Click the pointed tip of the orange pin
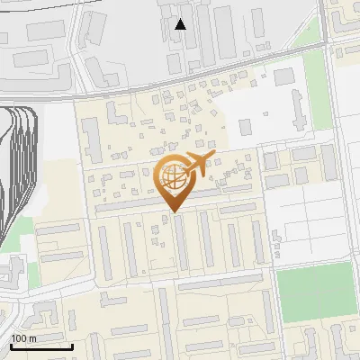point(172,211)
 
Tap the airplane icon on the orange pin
point(195,163)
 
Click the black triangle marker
point(181,24)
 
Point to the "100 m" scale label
point(23,337)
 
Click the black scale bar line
point(41,346)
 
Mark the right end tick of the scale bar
point(72,344)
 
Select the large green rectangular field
point(314,292)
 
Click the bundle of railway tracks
point(22,171)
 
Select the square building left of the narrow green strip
point(284,76)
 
